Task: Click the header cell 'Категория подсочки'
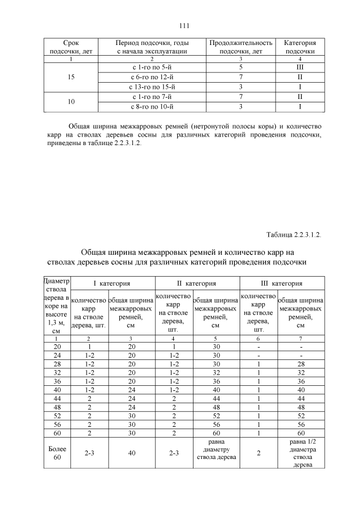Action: point(300,47)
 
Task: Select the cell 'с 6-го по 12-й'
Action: point(150,77)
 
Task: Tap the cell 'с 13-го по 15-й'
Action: point(150,87)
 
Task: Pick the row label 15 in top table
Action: point(70,77)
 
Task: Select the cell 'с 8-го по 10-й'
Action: point(150,106)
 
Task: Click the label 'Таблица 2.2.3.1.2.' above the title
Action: point(293,235)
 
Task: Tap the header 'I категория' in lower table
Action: point(111,283)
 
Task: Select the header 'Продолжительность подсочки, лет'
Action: point(240,47)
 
